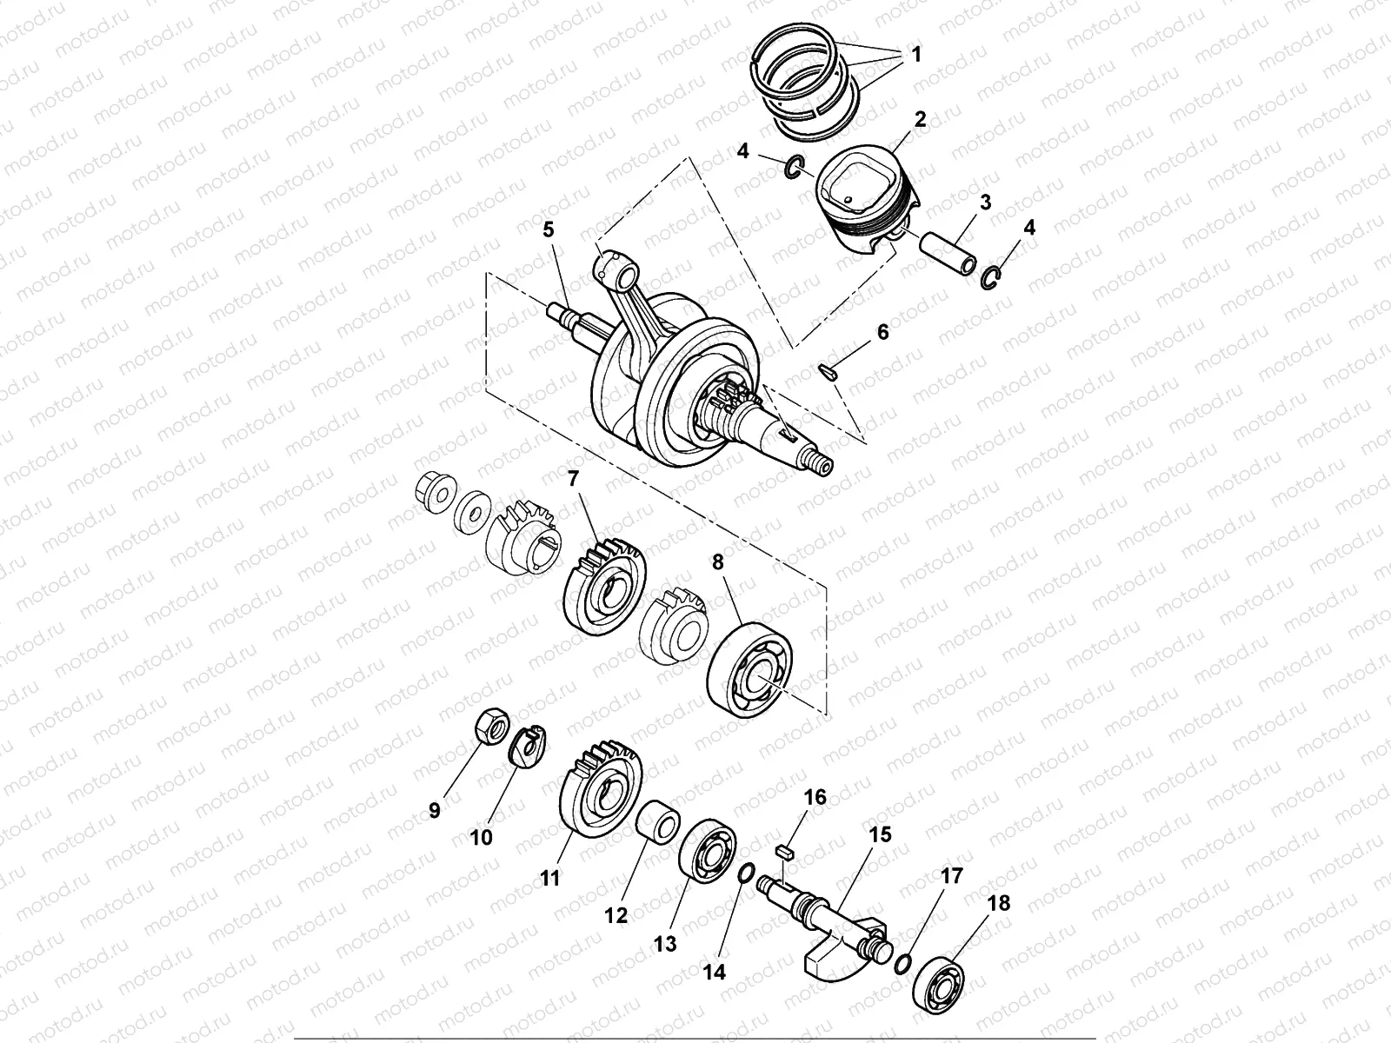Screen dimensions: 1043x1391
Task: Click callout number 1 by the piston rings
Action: pyautogui.click(x=915, y=54)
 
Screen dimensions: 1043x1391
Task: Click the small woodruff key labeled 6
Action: pyautogui.click(x=828, y=372)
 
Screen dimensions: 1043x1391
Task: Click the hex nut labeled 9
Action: pyautogui.click(x=490, y=728)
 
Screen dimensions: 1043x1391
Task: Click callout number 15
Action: pyautogui.click(x=880, y=835)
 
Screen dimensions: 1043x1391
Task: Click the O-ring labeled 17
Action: pyautogui.click(x=902, y=962)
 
